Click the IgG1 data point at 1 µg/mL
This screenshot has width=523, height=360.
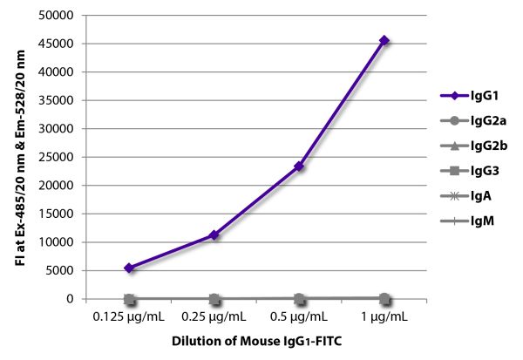tap(384, 40)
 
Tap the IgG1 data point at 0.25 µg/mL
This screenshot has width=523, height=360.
tap(214, 234)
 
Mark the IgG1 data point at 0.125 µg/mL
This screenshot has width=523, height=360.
tap(129, 268)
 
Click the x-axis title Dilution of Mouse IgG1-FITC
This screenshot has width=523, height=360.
tap(257, 344)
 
